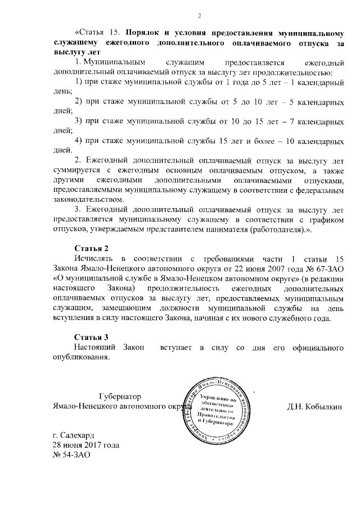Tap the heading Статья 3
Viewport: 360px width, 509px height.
tap(91, 336)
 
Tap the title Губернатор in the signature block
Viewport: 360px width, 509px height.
tap(120, 397)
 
